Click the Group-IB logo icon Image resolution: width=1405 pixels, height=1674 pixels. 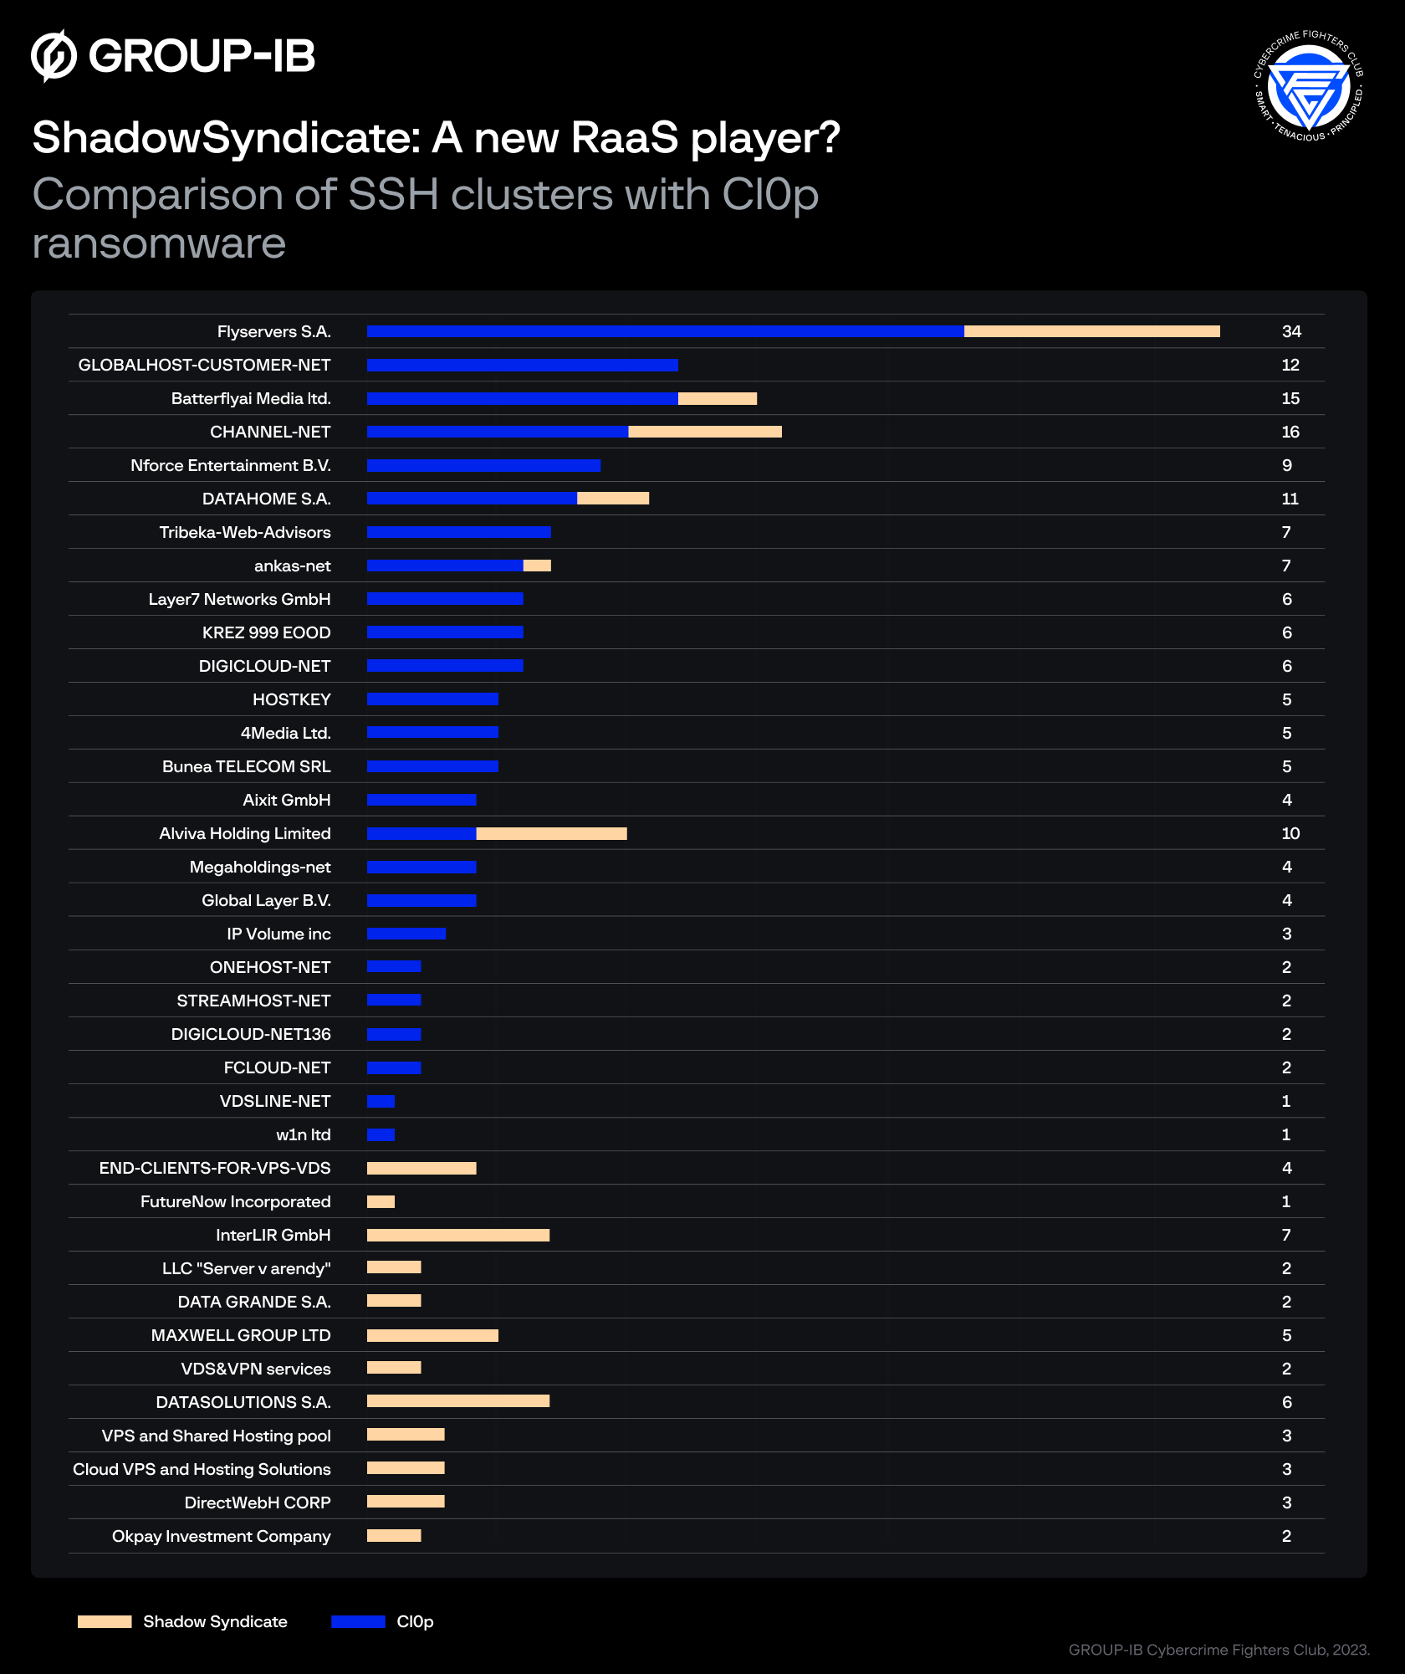pos(54,56)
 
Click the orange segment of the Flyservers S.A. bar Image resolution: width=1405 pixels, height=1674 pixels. pos(1091,331)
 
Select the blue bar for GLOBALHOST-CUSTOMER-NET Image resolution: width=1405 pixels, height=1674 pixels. pos(522,365)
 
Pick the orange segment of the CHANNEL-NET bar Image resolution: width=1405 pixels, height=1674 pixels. pos(704,432)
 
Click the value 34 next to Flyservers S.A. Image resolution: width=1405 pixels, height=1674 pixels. pos(1290,331)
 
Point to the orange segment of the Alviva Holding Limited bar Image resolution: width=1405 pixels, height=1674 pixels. pos(551,833)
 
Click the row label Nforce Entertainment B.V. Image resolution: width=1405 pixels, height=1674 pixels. pos(230,465)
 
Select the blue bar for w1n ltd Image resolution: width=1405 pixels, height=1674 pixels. pos(381,1134)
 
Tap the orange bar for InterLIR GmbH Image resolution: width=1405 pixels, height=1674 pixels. pos(457,1235)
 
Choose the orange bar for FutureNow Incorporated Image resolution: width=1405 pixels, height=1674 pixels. pos(381,1201)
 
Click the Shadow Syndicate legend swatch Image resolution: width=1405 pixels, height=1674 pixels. pos(105,1621)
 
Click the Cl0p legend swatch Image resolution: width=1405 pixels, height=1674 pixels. pos(358,1621)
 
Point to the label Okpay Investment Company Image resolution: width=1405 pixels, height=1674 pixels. pos(221,1536)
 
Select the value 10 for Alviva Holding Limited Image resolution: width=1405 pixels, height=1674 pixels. pos(1290,833)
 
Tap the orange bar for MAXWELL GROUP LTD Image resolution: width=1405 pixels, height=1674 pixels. pos(432,1335)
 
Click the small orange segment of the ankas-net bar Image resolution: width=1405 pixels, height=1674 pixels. pos(537,566)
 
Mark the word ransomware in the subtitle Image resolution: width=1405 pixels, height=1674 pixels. pos(159,243)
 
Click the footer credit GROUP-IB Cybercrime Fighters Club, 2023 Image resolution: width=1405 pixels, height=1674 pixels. pos(1218,1650)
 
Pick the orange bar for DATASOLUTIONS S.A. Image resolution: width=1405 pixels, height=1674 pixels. pos(457,1401)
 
